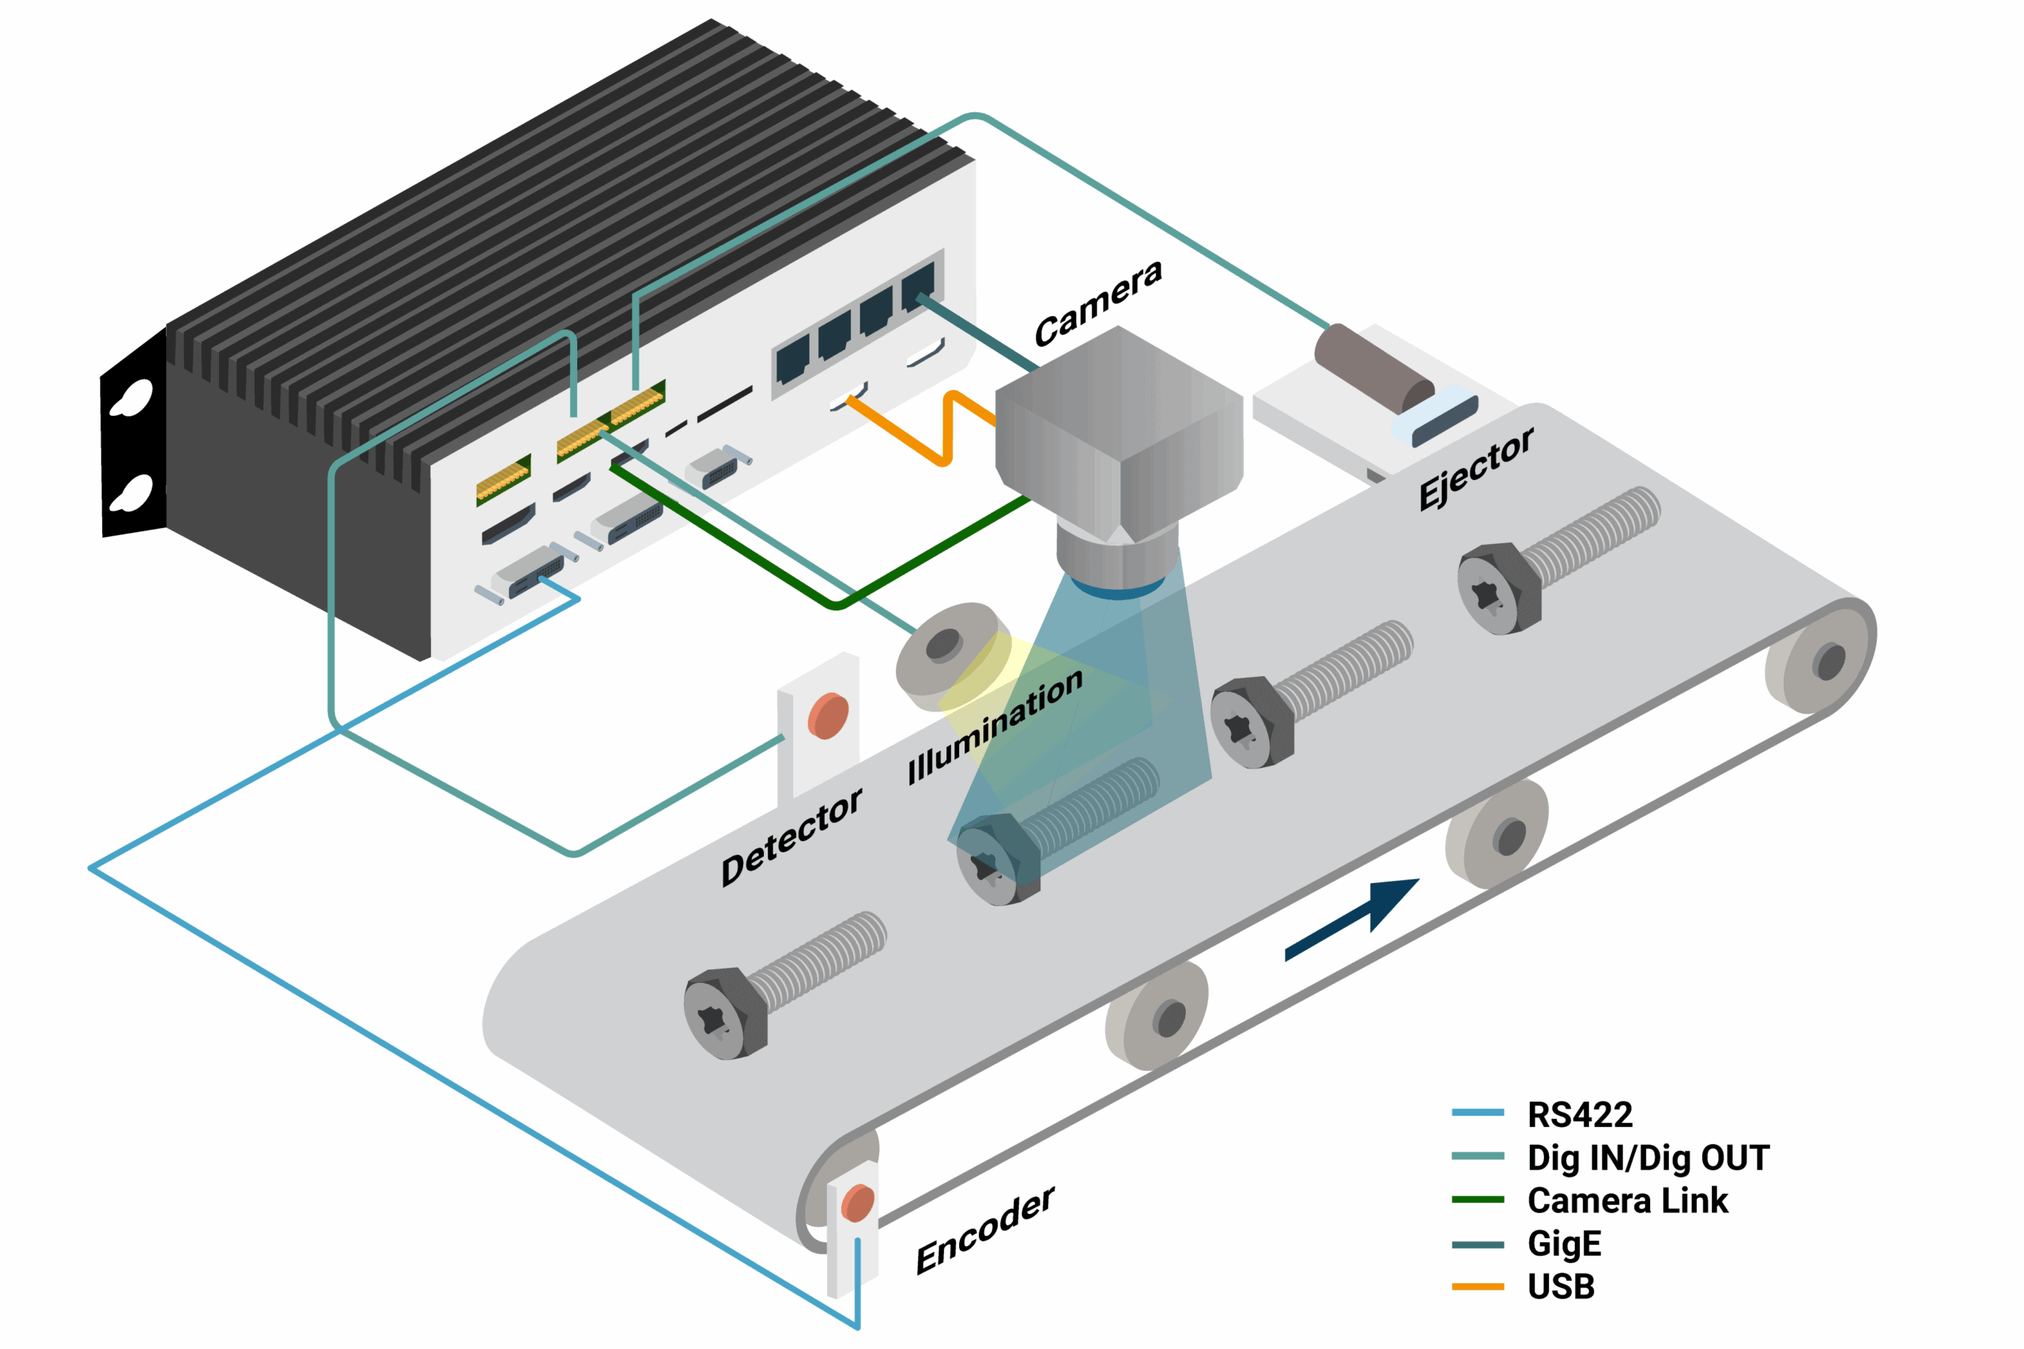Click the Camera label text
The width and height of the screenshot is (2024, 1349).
pyautogui.click(x=1097, y=302)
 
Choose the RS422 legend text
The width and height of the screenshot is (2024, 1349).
pyautogui.click(x=1580, y=1115)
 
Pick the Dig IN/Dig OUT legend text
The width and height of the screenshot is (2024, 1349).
pyautogui.click(x=1647, y=1158)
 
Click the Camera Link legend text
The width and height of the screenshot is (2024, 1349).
pyautogui.click(x=1626, y=1201)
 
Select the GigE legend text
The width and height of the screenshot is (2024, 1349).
pyautogui.click(x=1564, y=1244)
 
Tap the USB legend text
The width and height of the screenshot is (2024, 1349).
pyautogui.click(x=1561, y=1287)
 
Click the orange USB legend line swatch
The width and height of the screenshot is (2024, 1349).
pyautogui.click(x=1477, y=1287)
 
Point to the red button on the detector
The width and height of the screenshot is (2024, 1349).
pyautogui.click(x=828, y=716)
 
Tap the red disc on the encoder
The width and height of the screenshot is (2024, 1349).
pyautogui.click(x=857, y=1203)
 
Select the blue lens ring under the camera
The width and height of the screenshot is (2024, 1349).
pyautogui.click(x=1117, y=590)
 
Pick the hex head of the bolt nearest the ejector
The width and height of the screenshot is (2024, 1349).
pyautogui.click(x=1497, y=589)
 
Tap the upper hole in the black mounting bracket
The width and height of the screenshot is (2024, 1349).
pyautogui.click(x=134, y=399)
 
